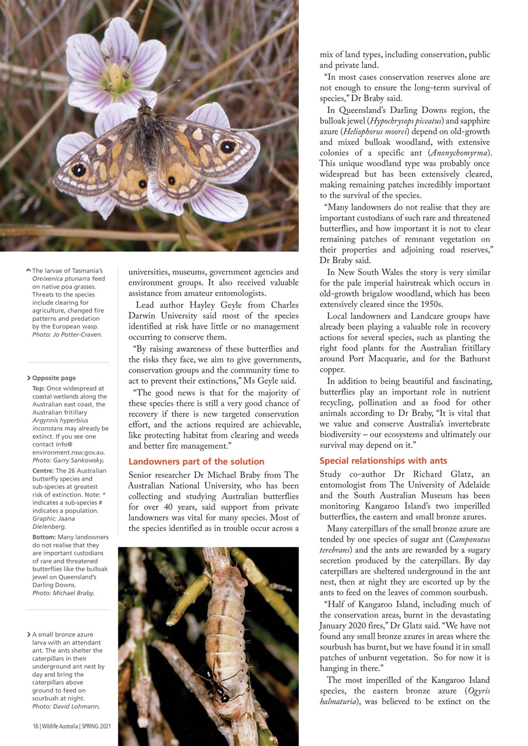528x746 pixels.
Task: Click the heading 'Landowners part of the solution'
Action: [196, 462]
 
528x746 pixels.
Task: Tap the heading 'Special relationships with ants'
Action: [383, 460]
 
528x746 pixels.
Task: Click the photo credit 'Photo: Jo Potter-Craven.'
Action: [67, 335]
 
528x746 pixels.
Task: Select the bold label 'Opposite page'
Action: [54, 378]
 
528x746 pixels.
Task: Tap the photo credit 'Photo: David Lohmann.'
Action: [66, 707]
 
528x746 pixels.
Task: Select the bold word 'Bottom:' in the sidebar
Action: [44, 537]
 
